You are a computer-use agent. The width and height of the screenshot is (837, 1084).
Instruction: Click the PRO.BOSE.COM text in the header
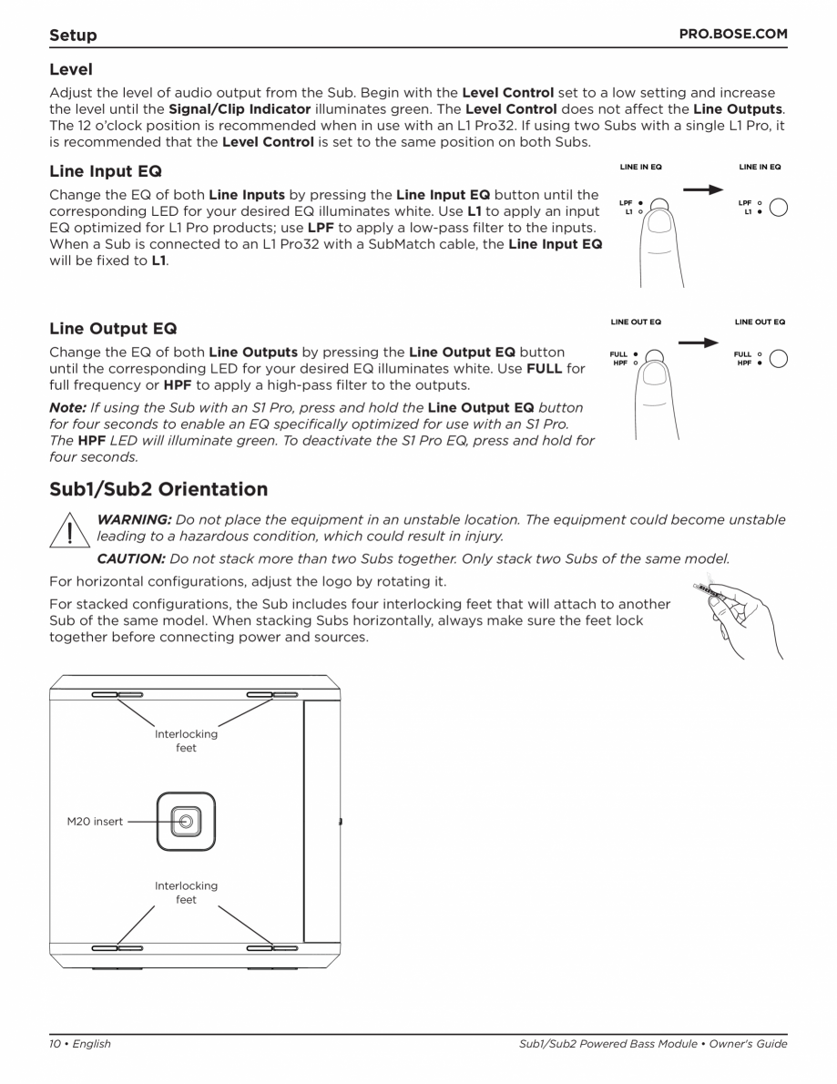tap(733, 35)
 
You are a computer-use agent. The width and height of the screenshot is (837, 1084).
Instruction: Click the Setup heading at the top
tap(74, 36)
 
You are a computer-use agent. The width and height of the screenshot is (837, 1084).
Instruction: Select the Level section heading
tap(71, 68)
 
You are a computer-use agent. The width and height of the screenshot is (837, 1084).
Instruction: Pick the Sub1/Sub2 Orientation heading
tap(158, 489)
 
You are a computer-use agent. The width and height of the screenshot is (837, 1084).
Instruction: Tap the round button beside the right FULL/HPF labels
tap(779, 359)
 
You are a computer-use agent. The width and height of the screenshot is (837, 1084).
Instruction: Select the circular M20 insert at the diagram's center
tap(186, 822)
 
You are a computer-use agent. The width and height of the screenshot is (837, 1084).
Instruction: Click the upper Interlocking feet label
tap(186, 741)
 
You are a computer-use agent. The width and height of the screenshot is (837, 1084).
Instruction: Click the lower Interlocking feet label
tap(186, 892)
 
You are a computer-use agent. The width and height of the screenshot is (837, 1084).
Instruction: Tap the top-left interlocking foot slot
tap(117, 696)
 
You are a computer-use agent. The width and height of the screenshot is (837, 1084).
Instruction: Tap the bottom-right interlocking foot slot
tap(272, 948)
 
